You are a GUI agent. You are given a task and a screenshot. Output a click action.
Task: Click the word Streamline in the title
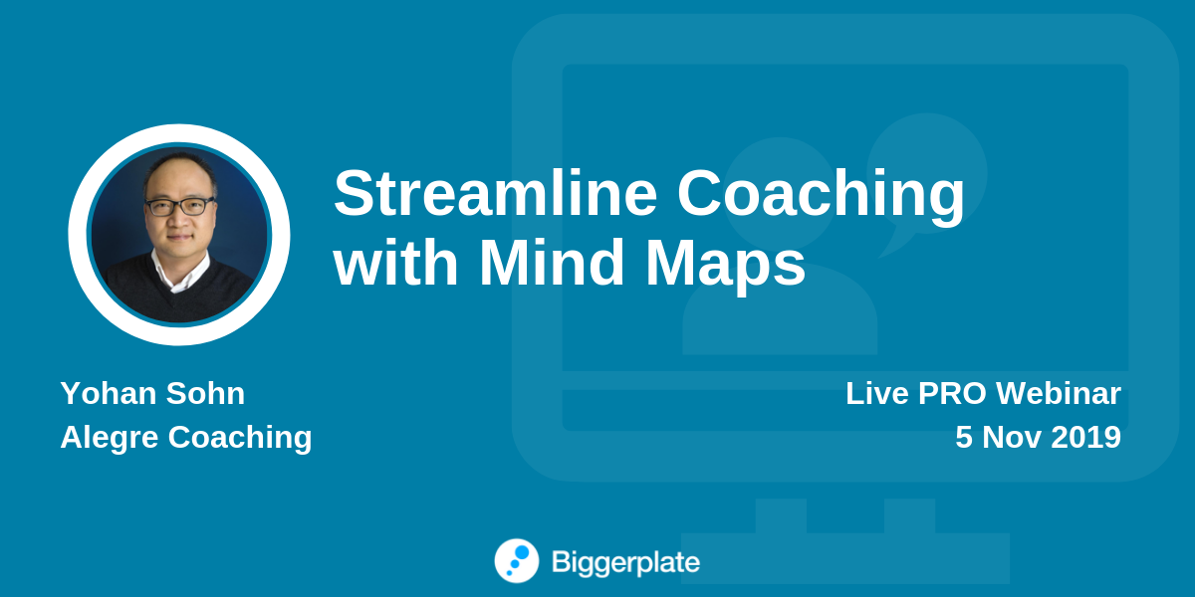click(495, 193)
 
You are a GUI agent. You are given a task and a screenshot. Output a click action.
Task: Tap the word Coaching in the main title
click(821, 196)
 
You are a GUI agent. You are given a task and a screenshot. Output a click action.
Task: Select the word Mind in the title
click(552, 263)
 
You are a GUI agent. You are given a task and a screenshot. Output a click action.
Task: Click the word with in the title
click(395, 263)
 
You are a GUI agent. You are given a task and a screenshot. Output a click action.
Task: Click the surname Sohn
click(205, 393)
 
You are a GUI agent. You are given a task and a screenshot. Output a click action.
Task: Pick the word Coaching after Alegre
click(240, 439)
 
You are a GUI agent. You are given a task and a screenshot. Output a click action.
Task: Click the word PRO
click(952, 393)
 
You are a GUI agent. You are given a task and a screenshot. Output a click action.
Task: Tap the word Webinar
click(1059, 393)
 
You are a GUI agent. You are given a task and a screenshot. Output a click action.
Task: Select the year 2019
click(1085, 437)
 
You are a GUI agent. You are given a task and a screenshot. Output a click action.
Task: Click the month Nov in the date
click(1012, 437)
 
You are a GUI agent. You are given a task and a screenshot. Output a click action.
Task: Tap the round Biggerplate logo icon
click(517, 561)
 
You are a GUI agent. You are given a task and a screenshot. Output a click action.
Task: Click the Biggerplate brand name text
click(625, 563)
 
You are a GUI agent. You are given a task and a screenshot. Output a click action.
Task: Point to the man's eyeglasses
click(180, 206)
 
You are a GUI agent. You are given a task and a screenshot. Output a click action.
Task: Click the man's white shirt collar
click(179, 272)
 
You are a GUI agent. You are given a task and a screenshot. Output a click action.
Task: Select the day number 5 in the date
click(964, 437)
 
